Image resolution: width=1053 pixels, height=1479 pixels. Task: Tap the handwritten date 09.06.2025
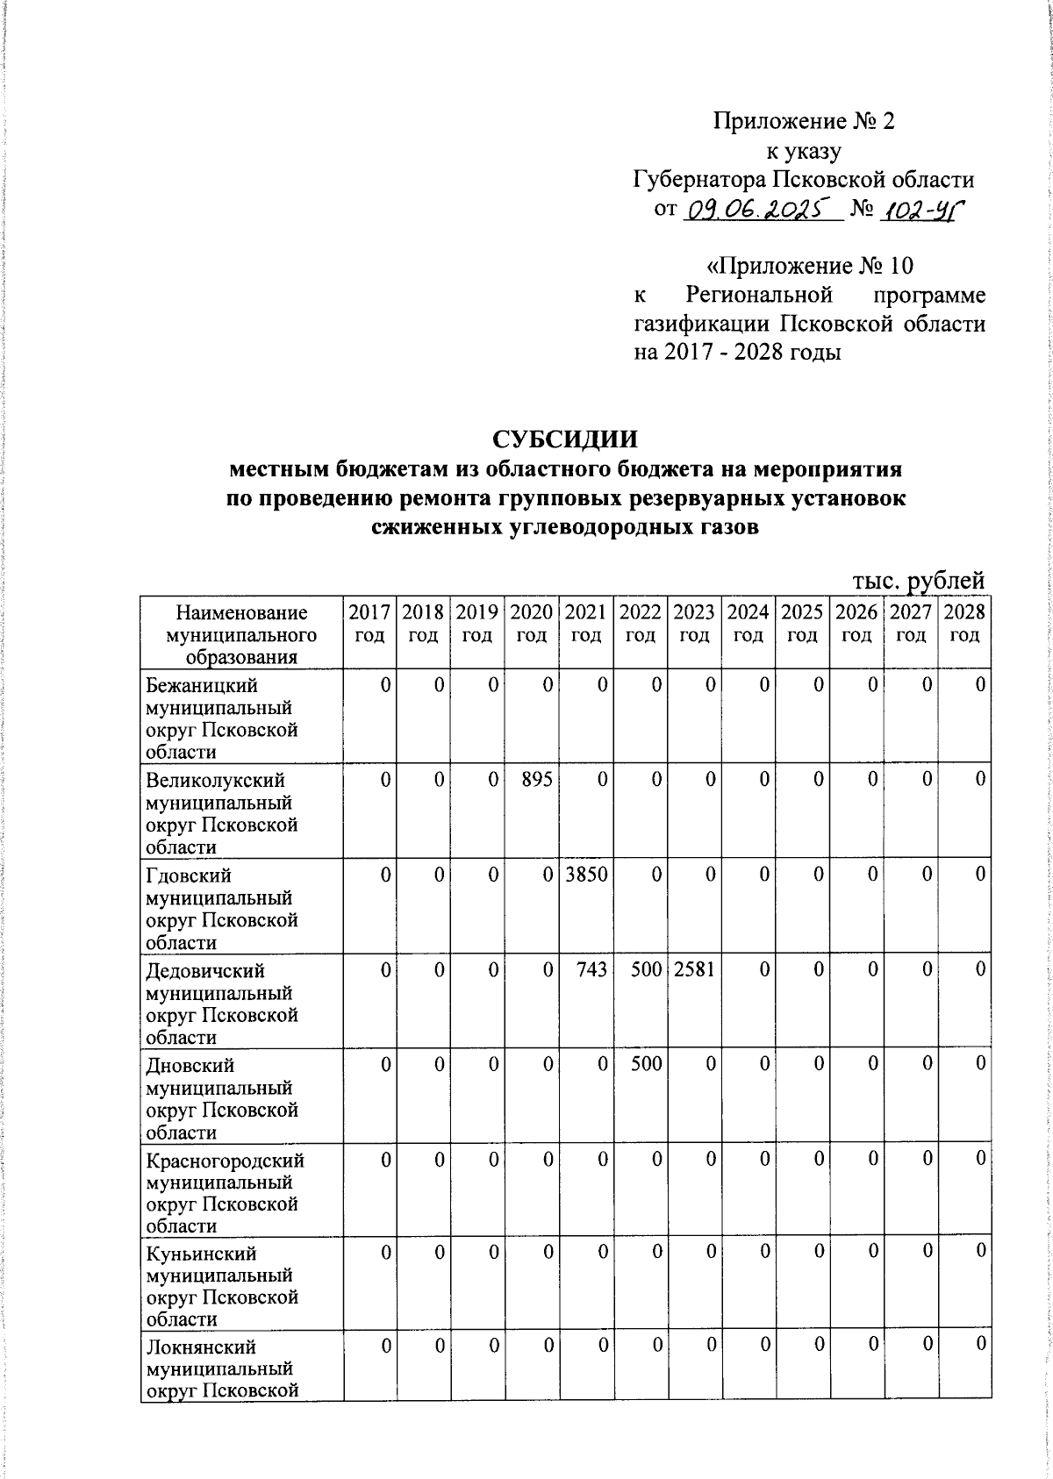(761, 210)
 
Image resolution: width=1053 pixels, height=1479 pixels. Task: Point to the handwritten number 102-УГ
(920, 210)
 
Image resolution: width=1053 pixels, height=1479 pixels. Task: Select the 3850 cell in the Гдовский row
(587, 874)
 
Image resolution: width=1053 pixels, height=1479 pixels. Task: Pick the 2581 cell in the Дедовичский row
(694, 969)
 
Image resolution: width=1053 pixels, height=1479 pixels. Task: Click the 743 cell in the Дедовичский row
(593, 969)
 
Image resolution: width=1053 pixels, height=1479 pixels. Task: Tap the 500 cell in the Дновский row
(646, 1064)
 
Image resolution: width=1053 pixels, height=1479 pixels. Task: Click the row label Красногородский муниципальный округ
(225, 1193)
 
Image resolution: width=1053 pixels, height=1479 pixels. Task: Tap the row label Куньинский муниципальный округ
(221, 1287)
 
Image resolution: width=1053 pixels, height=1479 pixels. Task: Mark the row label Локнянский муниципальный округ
(221, 1368)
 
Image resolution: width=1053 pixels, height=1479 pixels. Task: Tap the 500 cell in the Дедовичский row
(646, 969)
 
